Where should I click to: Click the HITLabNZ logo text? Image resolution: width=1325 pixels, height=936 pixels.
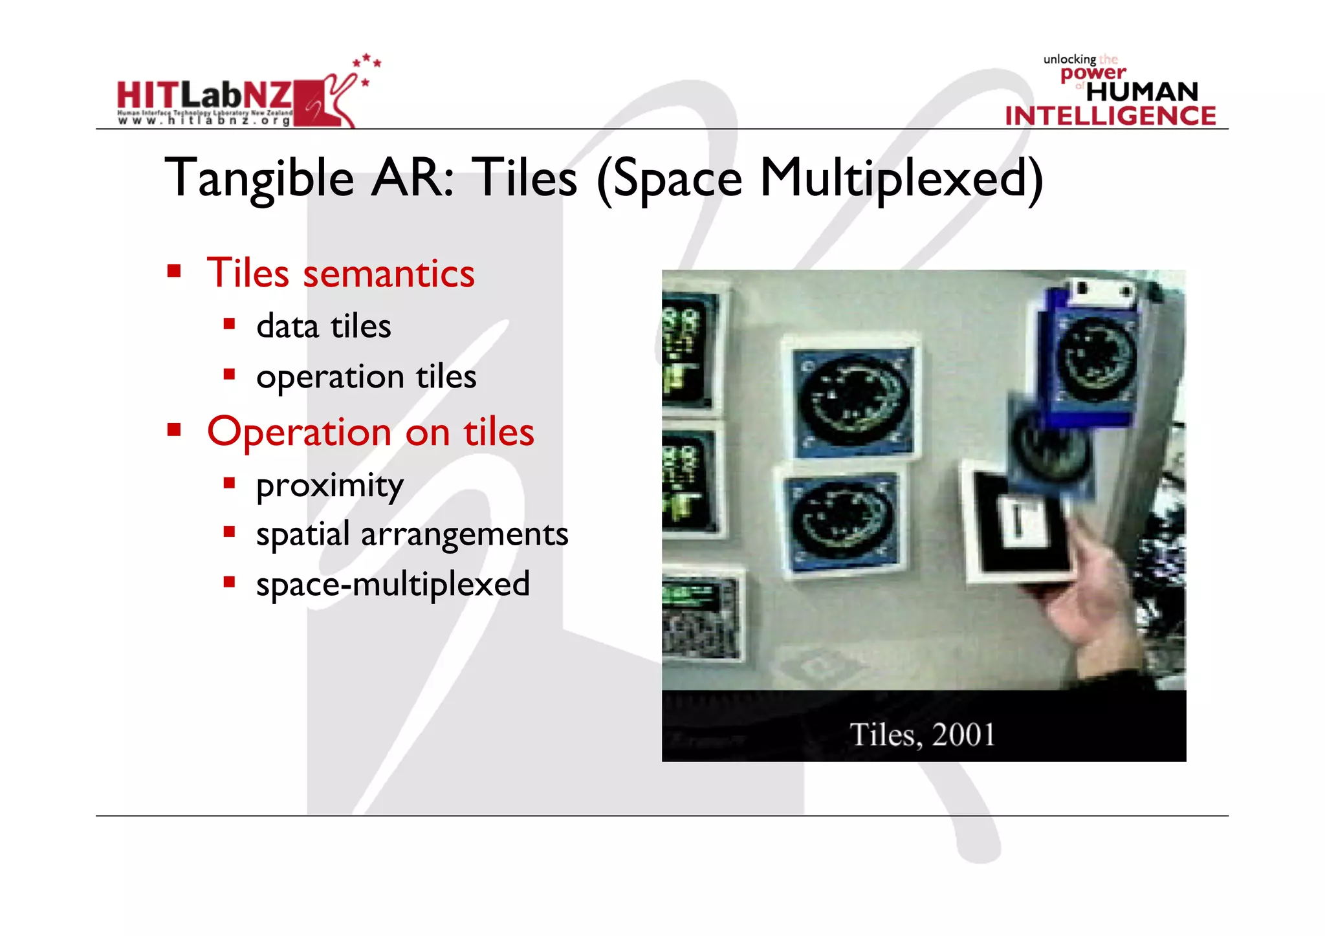pos(204,96)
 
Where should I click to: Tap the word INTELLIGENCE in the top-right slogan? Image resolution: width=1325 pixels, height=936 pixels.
pos(1110,116)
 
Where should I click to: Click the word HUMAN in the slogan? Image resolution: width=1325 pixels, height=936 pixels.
pos(1142,92)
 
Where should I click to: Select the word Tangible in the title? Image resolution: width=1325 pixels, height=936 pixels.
pos(259,179)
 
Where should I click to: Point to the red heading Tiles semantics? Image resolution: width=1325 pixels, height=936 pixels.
pos(340,273)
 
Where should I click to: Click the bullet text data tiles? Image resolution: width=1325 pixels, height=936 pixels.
pos(323,326)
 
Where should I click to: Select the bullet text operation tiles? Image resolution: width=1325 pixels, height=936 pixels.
pos(366,376)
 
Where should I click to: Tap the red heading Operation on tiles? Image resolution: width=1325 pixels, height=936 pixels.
pos(370,432)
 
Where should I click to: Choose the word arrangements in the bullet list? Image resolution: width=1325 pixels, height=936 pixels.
pos(464,534)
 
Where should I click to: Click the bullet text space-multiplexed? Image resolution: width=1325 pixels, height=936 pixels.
pos(393,584)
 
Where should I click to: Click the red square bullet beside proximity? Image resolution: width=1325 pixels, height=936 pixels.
pos(229,483)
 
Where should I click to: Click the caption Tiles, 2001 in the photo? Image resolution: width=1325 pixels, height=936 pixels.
pos(922,734)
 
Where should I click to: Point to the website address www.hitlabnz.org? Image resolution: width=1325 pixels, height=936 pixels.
pos(204,120)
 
